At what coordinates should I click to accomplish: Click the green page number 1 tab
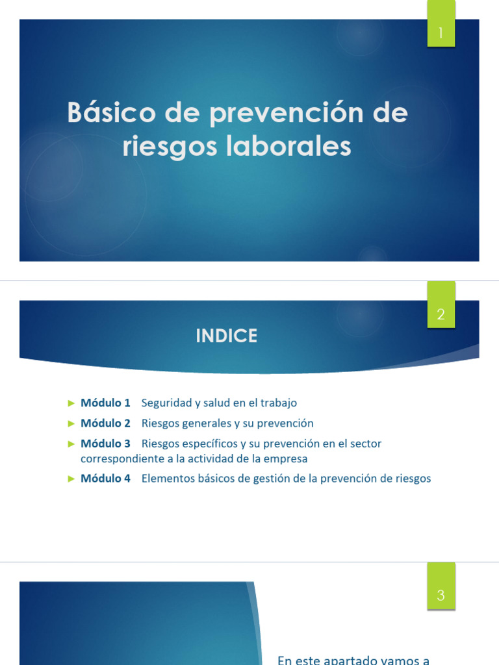click(441, 33)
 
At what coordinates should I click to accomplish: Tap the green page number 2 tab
click(441, 314)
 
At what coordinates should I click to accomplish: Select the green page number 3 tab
click(441, 595)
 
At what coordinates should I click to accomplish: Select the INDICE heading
click(227, 336)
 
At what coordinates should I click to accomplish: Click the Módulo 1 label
click(105, 403)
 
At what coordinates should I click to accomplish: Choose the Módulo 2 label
click(105, 423)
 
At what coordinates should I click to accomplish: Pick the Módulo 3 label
click(105, 444)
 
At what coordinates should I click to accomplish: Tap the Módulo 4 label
click(105, 479)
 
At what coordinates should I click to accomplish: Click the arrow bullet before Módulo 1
click(71, 403)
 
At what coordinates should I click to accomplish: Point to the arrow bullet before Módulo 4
click(71, 479)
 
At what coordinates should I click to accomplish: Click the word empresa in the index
click(287, 458)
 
